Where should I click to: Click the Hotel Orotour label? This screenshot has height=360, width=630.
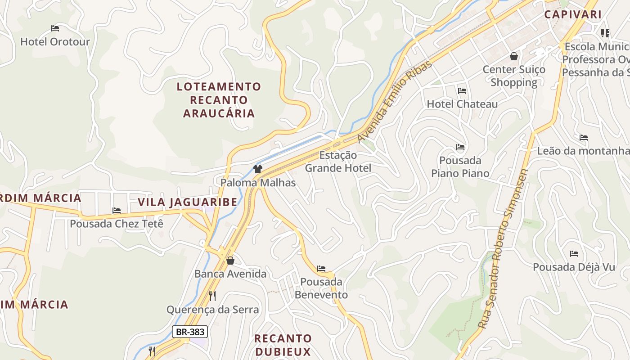tap(55, 42)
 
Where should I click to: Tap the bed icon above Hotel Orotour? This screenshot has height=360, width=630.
tap(55, 28)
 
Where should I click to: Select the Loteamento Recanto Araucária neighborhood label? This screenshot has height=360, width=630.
tap(219, 100)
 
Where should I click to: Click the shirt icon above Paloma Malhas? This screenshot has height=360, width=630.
tap(258, 169)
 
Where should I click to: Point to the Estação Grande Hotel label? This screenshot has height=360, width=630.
tap(338, 162)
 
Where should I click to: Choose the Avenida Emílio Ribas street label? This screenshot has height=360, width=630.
tap(395, 102)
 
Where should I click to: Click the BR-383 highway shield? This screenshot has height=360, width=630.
tap(190, 332)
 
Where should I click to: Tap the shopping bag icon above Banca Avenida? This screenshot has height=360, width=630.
tap(230, 261)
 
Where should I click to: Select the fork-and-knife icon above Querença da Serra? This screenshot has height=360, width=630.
tap(212, 296)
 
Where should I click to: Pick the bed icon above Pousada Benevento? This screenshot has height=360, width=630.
tap(321, 269)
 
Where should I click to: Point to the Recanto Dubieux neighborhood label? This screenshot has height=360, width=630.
tap(283, 345)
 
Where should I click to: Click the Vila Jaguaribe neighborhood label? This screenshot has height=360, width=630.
tap(188, 202)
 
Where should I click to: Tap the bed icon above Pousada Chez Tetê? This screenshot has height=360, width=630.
tap(117, 210)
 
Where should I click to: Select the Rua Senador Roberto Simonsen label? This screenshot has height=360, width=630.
tap(503, 248)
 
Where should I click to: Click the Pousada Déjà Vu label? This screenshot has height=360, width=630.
tap(574, 267)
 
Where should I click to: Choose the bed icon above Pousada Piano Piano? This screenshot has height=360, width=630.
tap(460, 147)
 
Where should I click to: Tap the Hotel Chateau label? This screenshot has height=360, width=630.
tap(462, 104)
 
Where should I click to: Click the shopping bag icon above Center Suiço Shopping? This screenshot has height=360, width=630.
tap(513, 56)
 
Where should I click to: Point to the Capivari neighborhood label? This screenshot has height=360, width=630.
tap(573, 14)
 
